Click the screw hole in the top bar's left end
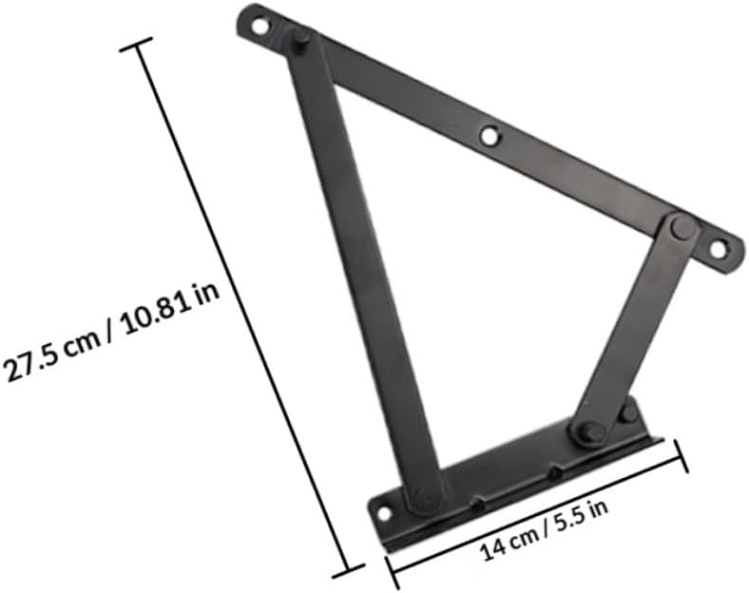[258, 27]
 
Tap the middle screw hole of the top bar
[490, 136]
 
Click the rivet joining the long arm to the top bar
[300, 42]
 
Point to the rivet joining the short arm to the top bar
[682, 227]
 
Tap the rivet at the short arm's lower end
[586, 432]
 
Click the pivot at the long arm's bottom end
[425, 497]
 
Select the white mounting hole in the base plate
[384, 513]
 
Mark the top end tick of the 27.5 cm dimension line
[136, 45]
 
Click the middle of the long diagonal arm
[362, 266]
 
